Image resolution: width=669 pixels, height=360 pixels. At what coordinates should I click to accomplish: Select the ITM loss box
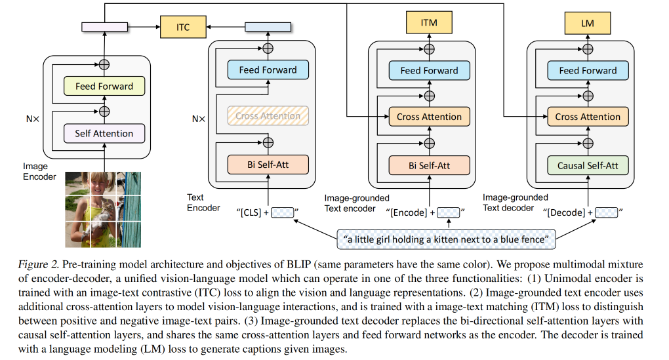coord(429,24)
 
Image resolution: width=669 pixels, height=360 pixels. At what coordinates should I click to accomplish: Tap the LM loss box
coord(588,24)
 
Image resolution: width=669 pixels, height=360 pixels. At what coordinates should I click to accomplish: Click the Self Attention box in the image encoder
coord(104,134)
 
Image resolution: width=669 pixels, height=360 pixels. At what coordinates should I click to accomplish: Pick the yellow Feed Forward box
coord(104,87)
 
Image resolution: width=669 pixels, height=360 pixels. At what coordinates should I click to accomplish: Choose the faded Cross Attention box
coord(268,116)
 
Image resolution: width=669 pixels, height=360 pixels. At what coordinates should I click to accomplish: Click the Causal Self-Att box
coord(588,165)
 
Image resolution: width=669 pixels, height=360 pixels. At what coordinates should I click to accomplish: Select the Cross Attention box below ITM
coord(429,117)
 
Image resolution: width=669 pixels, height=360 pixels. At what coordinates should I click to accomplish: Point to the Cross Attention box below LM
coord(588,117)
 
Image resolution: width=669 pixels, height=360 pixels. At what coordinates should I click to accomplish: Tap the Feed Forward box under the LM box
coord(588,70)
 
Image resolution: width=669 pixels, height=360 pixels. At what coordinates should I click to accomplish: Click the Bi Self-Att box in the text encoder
coord(268,165)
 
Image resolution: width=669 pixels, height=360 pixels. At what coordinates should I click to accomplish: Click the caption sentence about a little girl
coord(447,240)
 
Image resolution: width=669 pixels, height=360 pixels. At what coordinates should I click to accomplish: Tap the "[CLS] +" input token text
coord(252,212)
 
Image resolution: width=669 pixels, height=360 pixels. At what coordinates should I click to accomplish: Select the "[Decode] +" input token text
coord(567,212)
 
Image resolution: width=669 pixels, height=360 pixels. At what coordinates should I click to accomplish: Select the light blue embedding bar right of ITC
coord(268,28)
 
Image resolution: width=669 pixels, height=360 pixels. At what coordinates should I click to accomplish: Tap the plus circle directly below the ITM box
coord(429,49)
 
